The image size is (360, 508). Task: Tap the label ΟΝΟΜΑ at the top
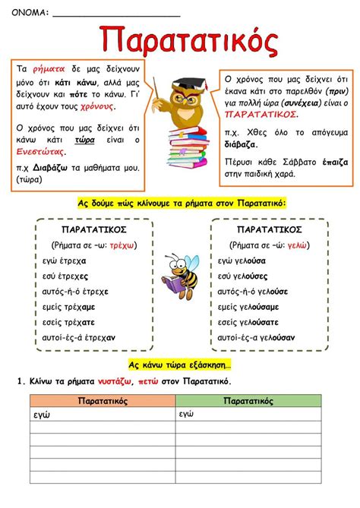pyautogui.click(x=30, y=12)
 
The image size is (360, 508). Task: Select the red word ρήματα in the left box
pyautogui.click(x=49, y=68)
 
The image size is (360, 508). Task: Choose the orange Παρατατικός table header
pyautogui.click(x=103, y=400)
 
